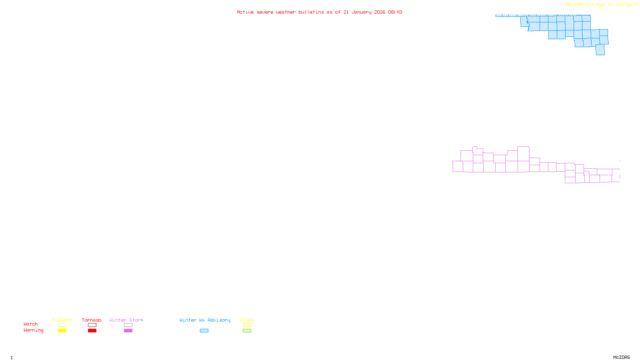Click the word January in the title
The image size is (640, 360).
tap(361, 12)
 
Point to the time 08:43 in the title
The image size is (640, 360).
tap(395, 12)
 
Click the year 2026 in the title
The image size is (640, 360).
tap(380, 12)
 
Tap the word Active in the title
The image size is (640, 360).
tap(245, 12)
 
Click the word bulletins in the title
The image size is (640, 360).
tap(311, 12)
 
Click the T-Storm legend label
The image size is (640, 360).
tap(62, 320)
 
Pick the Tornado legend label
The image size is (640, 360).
tap(92, 320)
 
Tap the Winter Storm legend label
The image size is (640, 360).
tap(126, 320)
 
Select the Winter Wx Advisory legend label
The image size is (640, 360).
tap(205, 320)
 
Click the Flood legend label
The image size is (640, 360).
tap(247, 320)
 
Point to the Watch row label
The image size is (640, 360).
tap(31, 324)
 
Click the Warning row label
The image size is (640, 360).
tap(34, 330)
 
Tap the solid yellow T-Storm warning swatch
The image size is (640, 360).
tap(62, 331)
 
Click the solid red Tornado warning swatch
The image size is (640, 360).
tap(92, 331)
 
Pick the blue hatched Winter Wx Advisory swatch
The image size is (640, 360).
tap(204, 331)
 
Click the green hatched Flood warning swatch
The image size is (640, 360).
tap(247, 331)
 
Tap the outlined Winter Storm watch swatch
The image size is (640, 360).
tap(128, 325)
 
